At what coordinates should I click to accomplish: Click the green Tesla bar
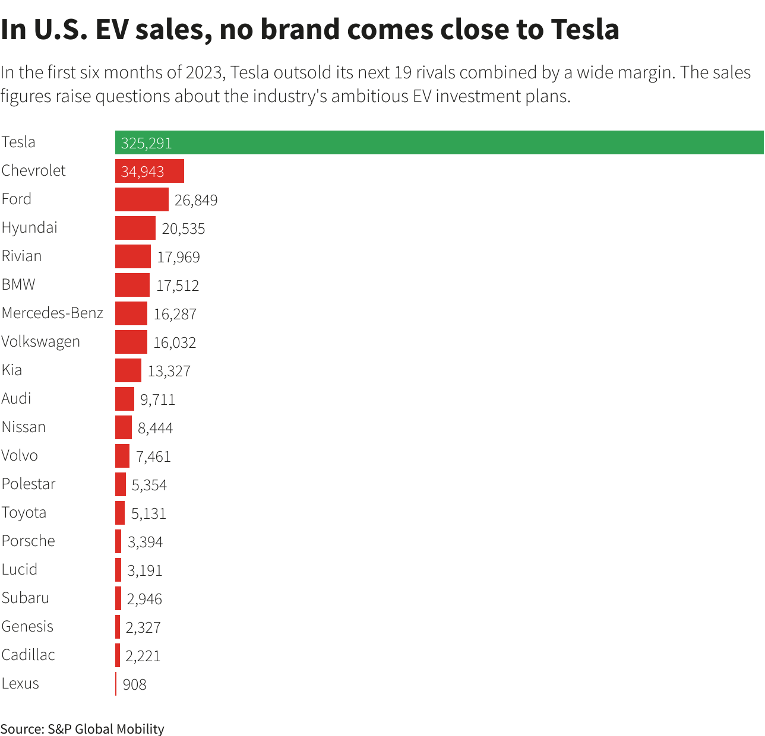pos(440,142)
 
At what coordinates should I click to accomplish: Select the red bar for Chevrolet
pos(150,171)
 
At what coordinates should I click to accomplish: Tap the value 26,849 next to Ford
pos(196,200)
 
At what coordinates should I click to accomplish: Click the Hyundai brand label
pos(30,227)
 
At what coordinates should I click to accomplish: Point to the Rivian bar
pos(133,256)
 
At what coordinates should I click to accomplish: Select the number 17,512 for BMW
pos(178,285)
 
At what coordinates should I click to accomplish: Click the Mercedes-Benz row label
pos(52,313)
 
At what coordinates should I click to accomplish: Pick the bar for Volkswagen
pos(131,342)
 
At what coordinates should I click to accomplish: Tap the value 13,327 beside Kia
pos(169,371)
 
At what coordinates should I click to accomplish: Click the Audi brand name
pos(17,398)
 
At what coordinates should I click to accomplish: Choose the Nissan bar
pos(124,427)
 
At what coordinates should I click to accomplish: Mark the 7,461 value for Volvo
pos(153,456)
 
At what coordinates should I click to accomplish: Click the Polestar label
pos(29,484)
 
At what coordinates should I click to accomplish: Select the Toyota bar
pos(120,513)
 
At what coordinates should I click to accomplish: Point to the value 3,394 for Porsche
pos(145,542)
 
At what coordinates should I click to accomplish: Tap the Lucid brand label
pos(20,569)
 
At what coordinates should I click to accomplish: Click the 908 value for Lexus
pos(134,684)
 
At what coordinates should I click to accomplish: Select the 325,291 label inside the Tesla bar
pos(146,143)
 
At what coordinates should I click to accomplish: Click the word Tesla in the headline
pos(585,30)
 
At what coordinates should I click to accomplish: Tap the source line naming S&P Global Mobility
pos(82,729)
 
